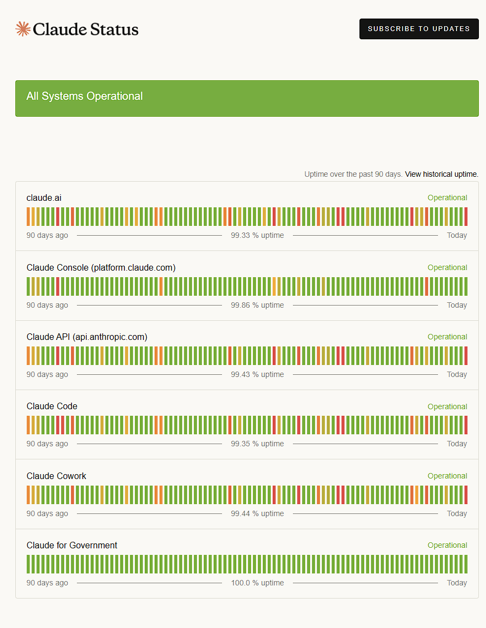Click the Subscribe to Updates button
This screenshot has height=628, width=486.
pyautogui.click(x=419, y=29)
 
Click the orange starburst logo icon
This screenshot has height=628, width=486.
pyautogui.click(x=23, y=29)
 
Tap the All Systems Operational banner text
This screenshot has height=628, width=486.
pyautogui.click(x=85, y=96)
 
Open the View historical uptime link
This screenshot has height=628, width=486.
pyautogui.click(x=442, y=174)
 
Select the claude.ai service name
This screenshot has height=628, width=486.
pyautogui.click(x=44, y=198)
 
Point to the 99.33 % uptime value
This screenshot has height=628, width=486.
pyautogui.click(x=257, y=236)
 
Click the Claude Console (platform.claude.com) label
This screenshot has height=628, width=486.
pyautogui.click(x=101, y=267)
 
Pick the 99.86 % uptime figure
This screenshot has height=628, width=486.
pyautogui.click(x=257, y=305)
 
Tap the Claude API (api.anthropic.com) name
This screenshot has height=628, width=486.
pyautogui.click(x=87, y=337)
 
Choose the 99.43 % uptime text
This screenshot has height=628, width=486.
pyautogui.click(x=257, y=374)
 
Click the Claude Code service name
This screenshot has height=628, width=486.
pyautogui.click(x=52, y=406)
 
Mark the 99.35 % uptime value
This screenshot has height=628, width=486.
pyautogui.click(x=257, y=444)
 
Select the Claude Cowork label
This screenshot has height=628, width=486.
pyautogui.click(x=56, y=476)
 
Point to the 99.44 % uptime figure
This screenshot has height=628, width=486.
pyautogui.click(x=257, y=513)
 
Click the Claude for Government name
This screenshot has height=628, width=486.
pyautogui.click(x=72, y=545)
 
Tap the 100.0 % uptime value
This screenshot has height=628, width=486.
pyautogui.click(x=257, y=583)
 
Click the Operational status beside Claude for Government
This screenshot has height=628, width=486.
pyautogui.click(x=447, y=545)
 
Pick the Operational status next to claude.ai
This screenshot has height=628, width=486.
pyautogui.click(x=447, y=198)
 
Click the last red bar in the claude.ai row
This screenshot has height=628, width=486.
pyautogui.click(x=466, y=217)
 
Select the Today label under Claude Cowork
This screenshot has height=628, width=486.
pyautogui.click(x=457, y=513)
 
